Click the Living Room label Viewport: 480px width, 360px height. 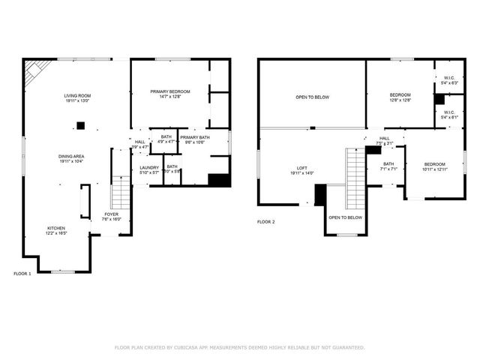coord(77,96)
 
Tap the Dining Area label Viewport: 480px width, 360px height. coord(71,157)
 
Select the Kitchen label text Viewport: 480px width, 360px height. coord(56,228)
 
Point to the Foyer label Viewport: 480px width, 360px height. coord(110,214)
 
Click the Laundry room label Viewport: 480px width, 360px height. coord(149,168)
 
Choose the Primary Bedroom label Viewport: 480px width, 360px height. coord(170,91)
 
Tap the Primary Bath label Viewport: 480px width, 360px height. coord(194,137)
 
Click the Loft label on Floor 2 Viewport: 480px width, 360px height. coord(302,168)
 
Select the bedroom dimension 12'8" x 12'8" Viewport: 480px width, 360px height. coord(400,100)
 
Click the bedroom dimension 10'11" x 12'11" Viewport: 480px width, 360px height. coord(435,169)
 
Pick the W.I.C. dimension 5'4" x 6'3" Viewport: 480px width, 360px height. coord(449,82)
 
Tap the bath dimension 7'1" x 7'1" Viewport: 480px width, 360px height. coord(388,169)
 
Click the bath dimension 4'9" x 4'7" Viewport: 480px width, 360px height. coord(166,141)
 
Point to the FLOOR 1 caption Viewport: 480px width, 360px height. coord(22,274)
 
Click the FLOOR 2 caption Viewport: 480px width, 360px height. coord(266,222)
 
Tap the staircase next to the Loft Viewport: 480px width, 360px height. coord(355,178)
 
